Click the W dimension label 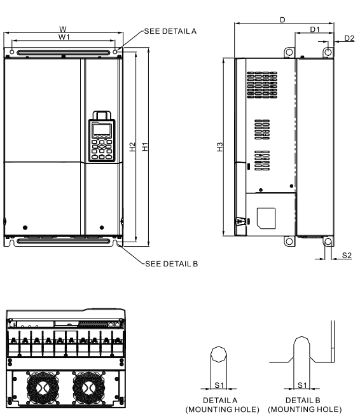(62, 29)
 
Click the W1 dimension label (64, 38)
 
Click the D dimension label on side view (282, 21)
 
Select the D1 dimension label (314, 30)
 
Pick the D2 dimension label (349, 38)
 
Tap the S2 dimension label (347, 255)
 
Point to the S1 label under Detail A (219, 385)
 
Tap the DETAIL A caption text (219, 401)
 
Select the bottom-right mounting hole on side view (328, 242)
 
